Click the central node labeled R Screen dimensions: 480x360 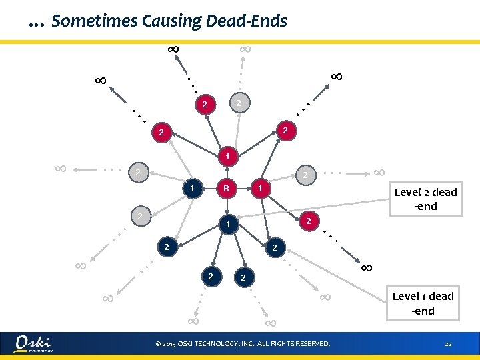[x=227, y=189]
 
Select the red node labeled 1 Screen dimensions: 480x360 [x=227, y=157]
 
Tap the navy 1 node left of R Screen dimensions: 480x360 [x=192, y=189]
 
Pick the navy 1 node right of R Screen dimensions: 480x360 [x=261, y=190]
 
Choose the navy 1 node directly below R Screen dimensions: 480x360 [x=227, y=225]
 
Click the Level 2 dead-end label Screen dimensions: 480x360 [x=425, y=199]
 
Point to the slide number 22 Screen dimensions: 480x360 [x=449, y=344]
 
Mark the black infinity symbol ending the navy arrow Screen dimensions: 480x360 [x=365, y=267]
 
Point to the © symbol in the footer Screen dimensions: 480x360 [x=157, y=344]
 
